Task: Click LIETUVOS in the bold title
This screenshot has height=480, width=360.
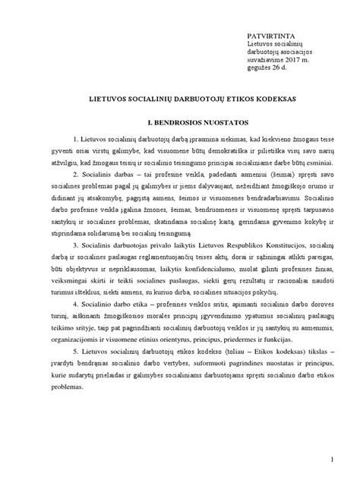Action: coord(108,99)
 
